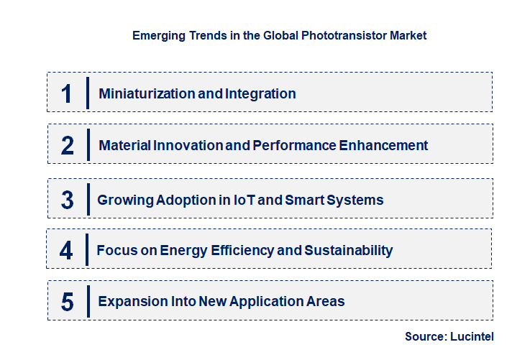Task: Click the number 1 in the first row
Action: pyautogui.click(x=67, y=93)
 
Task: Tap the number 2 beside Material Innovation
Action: pyautogui.click(x=67, y=146)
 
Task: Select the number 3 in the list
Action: pyautogui.click(x=67, y=200)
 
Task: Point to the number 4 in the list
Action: pyautogui.click(x=66, y=251)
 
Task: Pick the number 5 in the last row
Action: pyautogui.click(x=67, y=302)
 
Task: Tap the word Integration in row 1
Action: pyautogui.click(x=260, y=93)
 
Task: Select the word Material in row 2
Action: pyautogui.click(x=124, y=145)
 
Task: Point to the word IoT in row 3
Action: pyautogui.click(x=241, y=200)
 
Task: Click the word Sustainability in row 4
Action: pyautogui.click(x=349, y=250)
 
